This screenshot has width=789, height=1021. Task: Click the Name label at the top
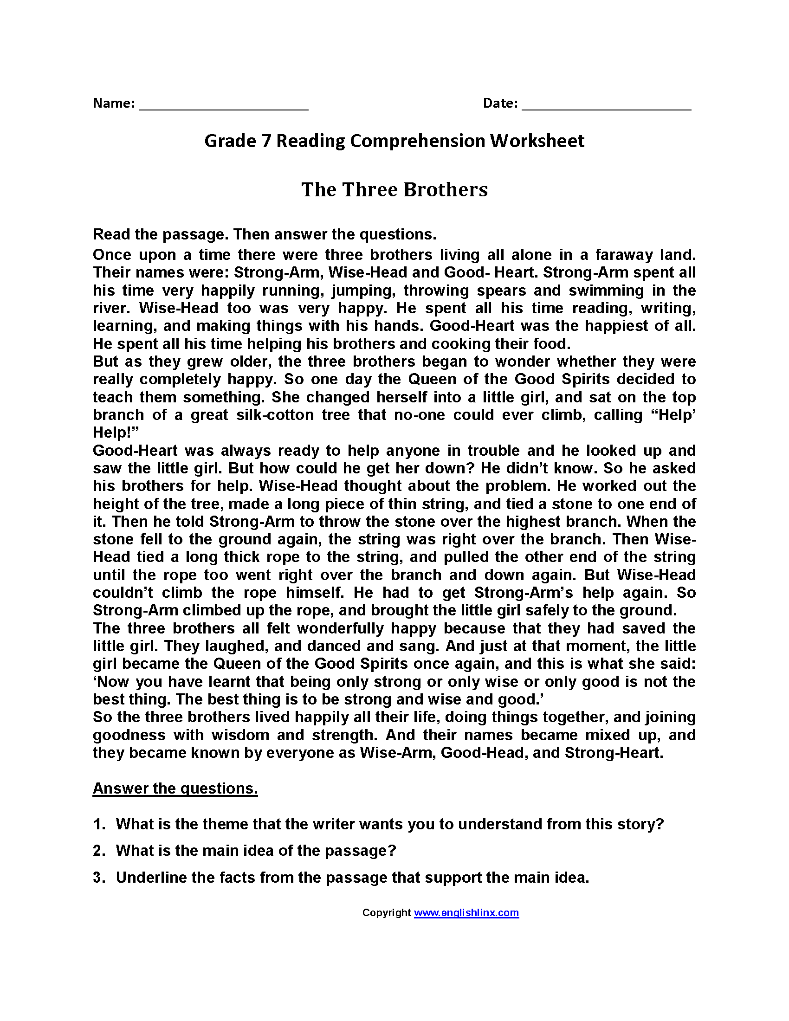pyautogui.click(x=114, y=103)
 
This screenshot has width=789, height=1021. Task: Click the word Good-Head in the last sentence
pyautogui.click(x=482, y=753)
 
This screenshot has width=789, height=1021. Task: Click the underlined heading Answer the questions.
pyautogui.click(x=175, y=788)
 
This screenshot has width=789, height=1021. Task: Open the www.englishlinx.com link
pyautogui.click(x=466, y=912)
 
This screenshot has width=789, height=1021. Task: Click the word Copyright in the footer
pyautogui.click(x=386, y=912)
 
